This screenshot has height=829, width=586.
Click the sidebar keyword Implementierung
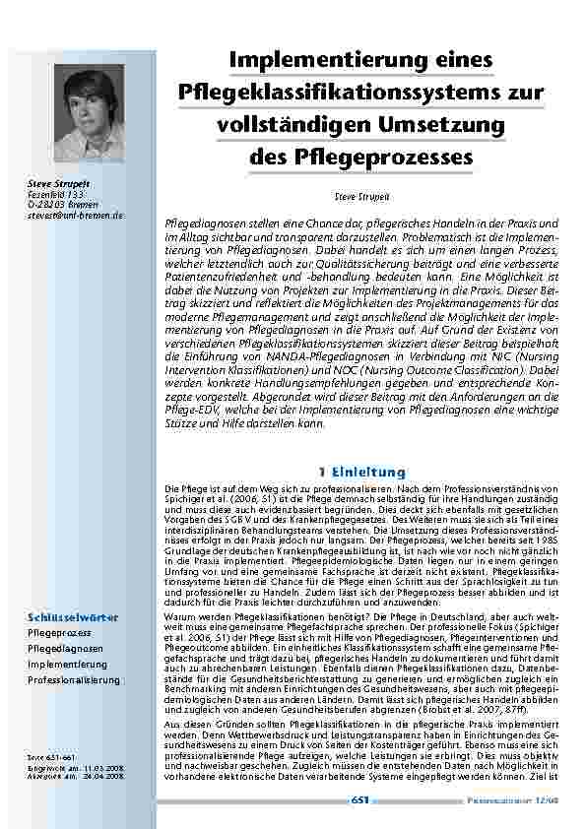[68, 665]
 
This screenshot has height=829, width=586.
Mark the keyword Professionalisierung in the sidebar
[74, 680]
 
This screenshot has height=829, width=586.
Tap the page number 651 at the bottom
[359, 800]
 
